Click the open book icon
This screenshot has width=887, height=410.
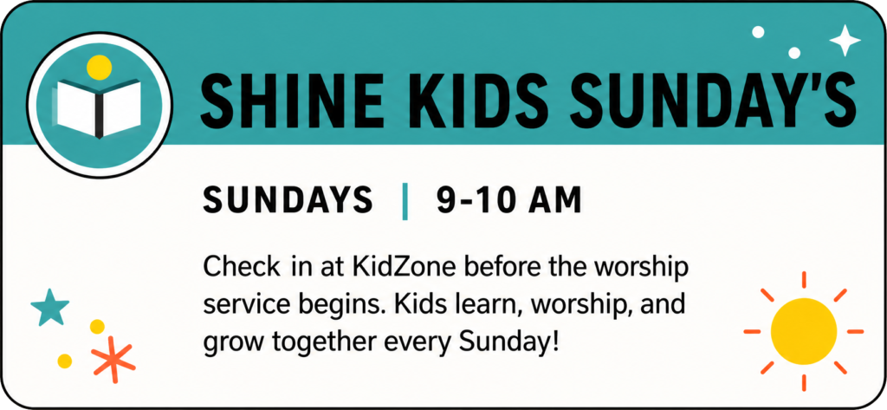[99, 107]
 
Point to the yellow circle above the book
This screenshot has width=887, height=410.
[99, 67]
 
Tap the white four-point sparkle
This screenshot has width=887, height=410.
[845, 40]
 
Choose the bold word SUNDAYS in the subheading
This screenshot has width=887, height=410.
[288, 200]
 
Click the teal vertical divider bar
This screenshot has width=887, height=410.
[405, 200]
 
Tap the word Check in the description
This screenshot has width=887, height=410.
[243, 267]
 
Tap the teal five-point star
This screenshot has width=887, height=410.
[49, 308]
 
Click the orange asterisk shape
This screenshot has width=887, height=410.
[113, 359]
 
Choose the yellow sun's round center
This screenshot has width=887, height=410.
[803, 331]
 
